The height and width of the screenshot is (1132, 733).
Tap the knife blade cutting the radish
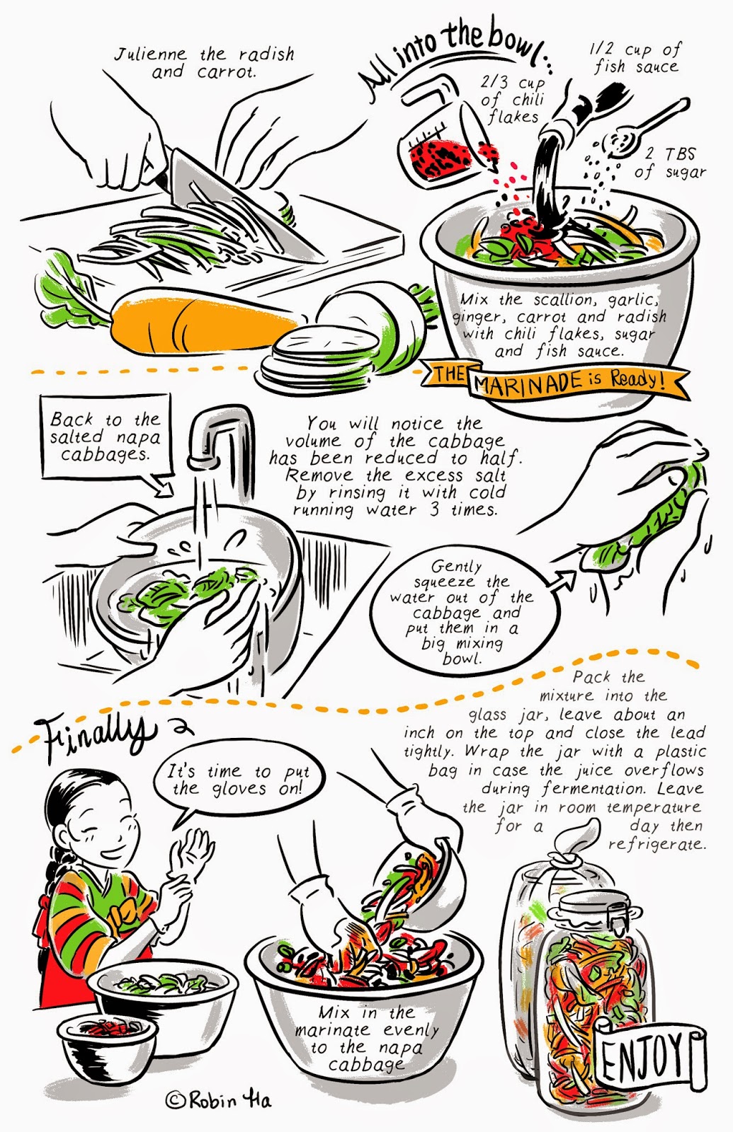(238, 202)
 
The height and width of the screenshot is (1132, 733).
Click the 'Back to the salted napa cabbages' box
(106, 437)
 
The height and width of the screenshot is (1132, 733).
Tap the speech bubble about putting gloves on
(238, 782)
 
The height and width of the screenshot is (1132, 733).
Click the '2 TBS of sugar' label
(670, 163)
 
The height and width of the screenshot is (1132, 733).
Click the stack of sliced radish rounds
(319, 357)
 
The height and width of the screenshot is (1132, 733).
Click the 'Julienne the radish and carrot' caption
(204, 62)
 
